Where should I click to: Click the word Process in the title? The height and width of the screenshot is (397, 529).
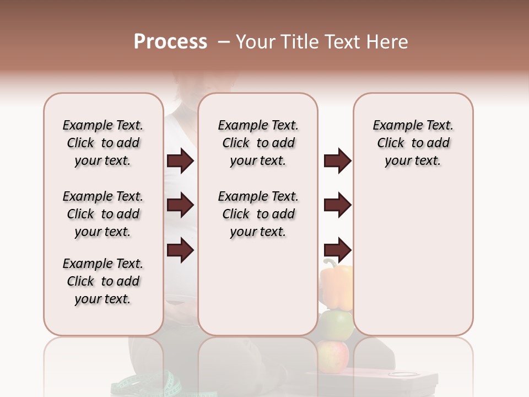(x=170, y=42)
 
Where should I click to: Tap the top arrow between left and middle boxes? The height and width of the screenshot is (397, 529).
(x=180, y=161)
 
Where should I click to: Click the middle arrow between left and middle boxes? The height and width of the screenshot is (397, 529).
(x=180, y=206)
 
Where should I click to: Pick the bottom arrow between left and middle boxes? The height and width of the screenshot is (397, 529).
(x=180, y=250)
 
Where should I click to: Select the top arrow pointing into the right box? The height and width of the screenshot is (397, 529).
(x=337, y=161)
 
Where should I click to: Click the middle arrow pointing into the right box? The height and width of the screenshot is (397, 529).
(x=337, y=206)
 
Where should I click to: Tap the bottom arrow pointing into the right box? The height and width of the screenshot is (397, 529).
(x=337, y=250)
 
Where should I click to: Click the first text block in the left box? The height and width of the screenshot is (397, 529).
(x=103, y=143)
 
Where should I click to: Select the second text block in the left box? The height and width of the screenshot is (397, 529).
(x=103, y=214)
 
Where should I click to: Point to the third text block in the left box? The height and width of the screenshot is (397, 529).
(x=103, y=281)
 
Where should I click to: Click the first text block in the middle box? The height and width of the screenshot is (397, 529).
(x=258, y=143)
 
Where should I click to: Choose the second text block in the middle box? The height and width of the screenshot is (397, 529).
(x=258, y=214)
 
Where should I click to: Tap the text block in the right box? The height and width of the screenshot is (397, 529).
(x=413, y=143)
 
